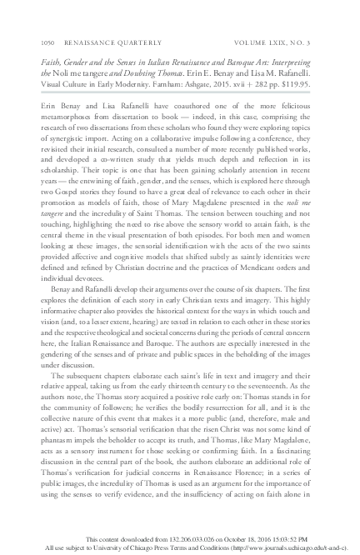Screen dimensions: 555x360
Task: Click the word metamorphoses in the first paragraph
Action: [x=66, y=119]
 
